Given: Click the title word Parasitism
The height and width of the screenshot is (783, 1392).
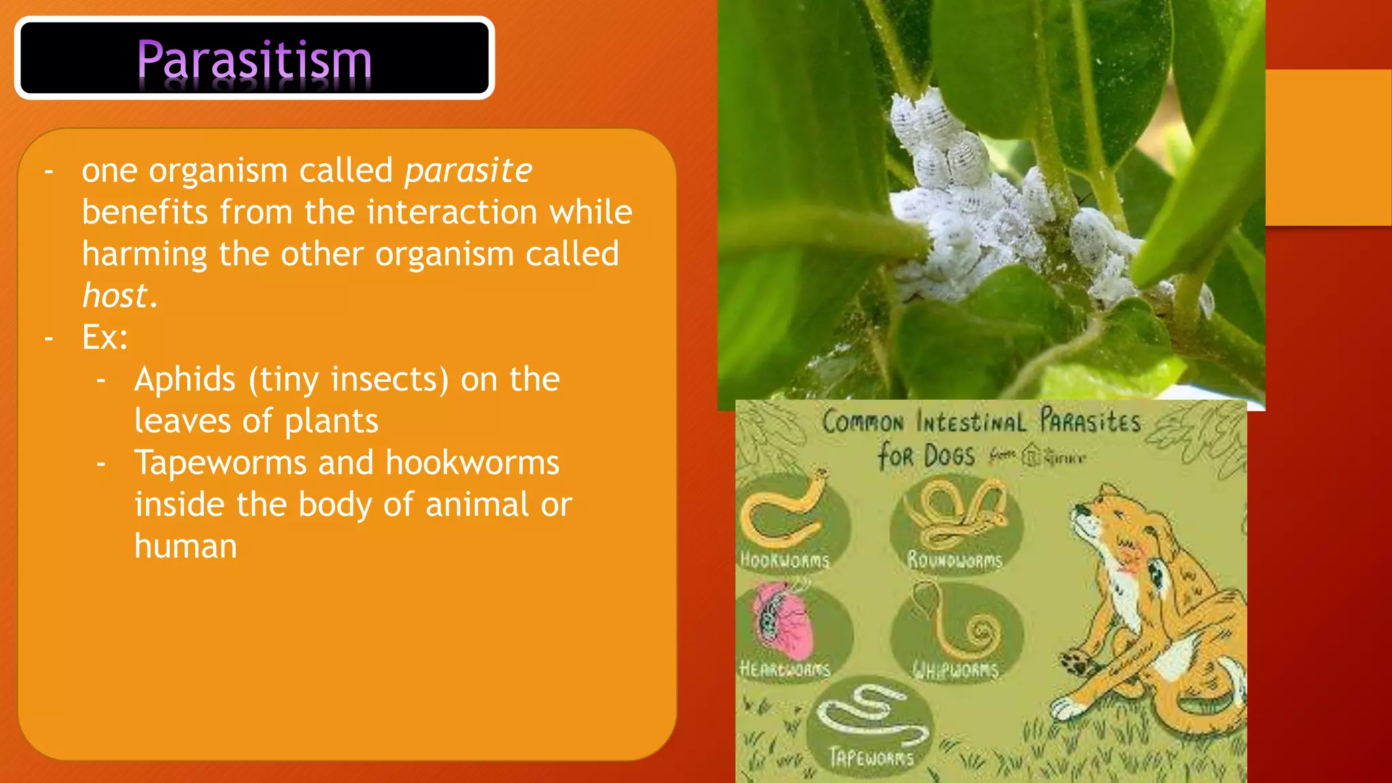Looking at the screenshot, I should click(x=254, y=60).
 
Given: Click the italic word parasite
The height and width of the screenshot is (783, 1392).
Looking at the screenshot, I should click(x=468, y=171).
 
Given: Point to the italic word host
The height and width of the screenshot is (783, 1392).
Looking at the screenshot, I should click(x=115, y=296).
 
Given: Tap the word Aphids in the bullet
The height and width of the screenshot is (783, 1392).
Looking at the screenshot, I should click(x=185, y=379).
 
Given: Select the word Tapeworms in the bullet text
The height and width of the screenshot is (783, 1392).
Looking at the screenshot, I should click(x=220, y=463).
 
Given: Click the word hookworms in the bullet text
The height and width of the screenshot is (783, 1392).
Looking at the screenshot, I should click(x=472, y=463).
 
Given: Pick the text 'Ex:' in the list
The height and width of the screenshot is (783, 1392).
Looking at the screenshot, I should click(x=105, y=337).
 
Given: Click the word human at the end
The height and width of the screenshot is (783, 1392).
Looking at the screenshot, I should click(x=186, y=546).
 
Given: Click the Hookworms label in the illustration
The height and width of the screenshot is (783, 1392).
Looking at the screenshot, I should click(x=785, y=560).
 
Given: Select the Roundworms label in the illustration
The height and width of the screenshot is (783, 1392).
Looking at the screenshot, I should click(x=955, y=560).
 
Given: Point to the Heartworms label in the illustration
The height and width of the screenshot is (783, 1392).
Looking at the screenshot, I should click(x=785, y=669).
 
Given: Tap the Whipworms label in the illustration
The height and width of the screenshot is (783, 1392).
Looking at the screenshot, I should click(x=955, y=670).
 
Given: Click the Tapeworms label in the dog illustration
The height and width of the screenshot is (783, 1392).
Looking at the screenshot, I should click(x=872, y=757).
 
